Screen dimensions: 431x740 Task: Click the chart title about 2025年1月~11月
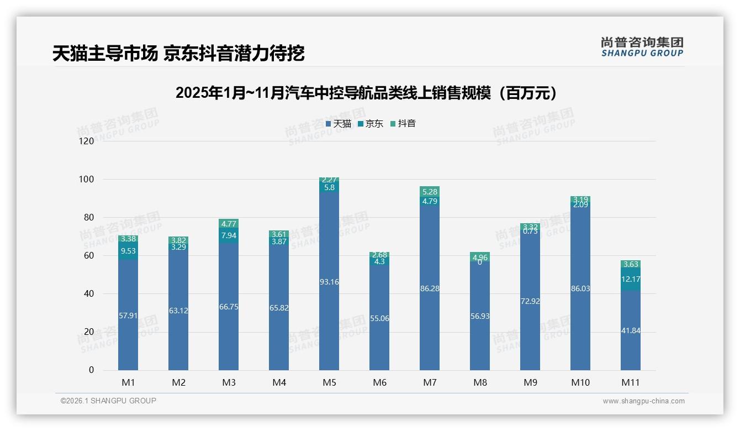(x=369, y=93)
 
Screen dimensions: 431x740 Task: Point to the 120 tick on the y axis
(x=87, y=141)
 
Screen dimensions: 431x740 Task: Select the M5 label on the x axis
(x=329, y=382)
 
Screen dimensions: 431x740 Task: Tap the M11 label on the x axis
(x=630, y=382)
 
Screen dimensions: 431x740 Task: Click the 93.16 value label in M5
(x=329, y=282)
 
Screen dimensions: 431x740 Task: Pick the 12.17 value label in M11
(x=630, y=279)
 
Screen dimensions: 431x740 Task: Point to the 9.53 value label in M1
(x=128, y=251)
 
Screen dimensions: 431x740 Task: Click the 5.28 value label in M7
(x=430, y=192)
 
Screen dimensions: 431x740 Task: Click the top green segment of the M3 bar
(x=229, y=224)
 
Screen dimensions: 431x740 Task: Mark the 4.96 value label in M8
(x=480, y=257)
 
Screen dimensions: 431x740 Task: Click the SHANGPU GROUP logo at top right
(x=642, y=46)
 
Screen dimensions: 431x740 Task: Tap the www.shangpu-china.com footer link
(x=643, y=401)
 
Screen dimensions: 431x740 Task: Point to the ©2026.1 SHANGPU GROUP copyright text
(x=108, y=401)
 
